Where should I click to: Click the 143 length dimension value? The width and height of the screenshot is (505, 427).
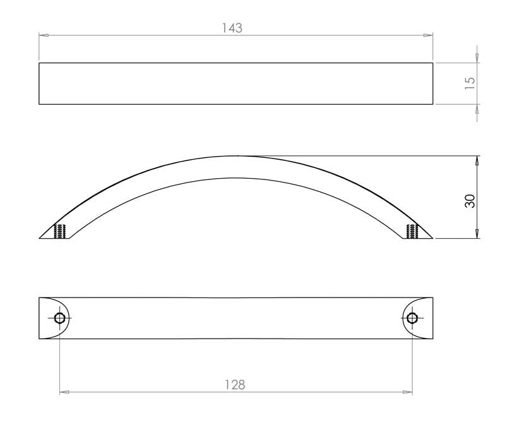click(232, 28)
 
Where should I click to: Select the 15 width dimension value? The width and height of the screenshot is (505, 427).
click(470, 83)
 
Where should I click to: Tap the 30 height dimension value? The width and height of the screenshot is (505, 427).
click(470, 201)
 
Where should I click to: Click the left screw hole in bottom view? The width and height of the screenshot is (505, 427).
click(60, 318)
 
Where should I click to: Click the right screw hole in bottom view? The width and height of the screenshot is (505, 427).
click(412, 318)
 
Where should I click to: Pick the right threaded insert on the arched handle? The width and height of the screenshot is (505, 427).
click(412, 231)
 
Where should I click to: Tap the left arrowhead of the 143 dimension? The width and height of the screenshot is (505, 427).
click(44, 35)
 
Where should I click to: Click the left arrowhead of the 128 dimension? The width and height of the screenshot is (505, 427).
click(64, 392)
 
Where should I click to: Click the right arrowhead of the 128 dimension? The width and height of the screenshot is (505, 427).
click(408, 392)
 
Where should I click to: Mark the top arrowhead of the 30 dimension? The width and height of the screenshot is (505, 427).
click(477, 160)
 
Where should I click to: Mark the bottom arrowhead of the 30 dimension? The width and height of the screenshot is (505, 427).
click(477, 234)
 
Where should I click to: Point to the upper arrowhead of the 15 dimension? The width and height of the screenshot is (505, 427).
click(477, 58)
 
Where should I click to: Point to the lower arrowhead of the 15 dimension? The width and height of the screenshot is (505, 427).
click(477, 109)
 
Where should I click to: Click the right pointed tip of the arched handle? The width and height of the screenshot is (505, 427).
click(432, 238)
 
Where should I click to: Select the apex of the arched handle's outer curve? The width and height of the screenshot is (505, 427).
click(237, 155)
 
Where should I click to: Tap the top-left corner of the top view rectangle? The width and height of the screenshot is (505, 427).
click(39, 63)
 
